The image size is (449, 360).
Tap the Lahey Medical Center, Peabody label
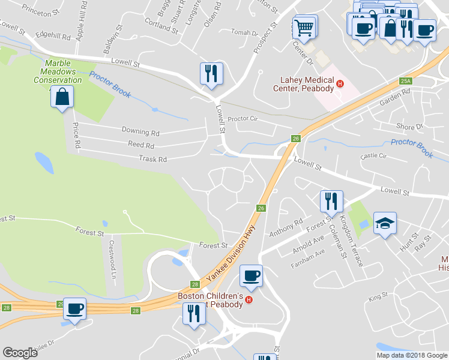(x=307, y=85)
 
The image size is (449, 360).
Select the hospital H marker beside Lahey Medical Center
(x=340, y=84)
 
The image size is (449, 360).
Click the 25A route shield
(x=406, y=81)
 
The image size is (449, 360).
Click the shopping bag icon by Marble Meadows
(x=62, y=97)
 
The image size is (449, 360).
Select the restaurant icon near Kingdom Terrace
(x=331, y=202)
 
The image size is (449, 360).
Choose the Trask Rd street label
(x=152, y=160)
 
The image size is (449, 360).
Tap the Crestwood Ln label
(x=112, y=260)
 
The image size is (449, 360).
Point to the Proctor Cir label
(x=242, y=119)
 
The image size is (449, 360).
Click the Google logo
(x=20, y=353)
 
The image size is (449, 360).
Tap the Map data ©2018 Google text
(x=411, y=355)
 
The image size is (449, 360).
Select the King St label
(x=379, y=297)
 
